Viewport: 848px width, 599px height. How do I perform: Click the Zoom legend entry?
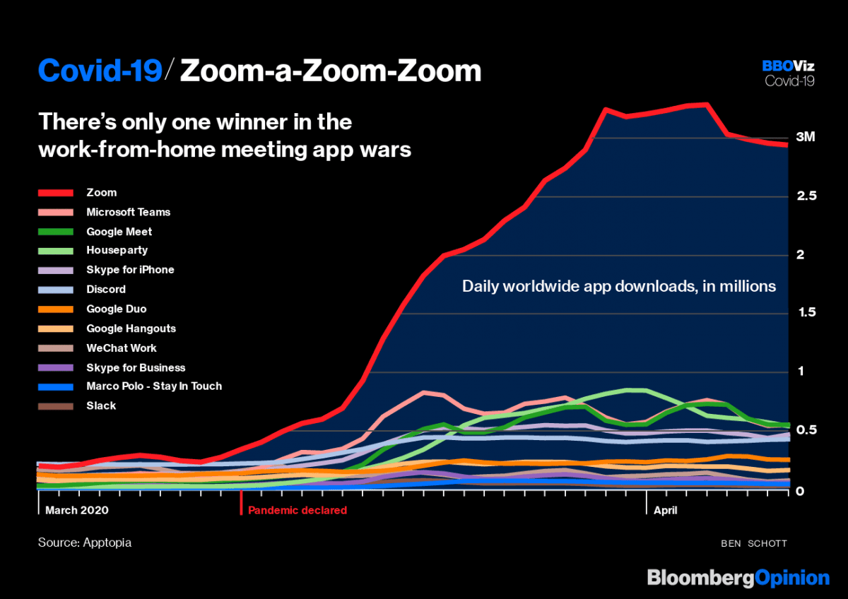pyautogui.click(x=101, y=192)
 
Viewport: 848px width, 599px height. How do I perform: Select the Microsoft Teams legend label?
pyautogui.click(x=128, y=212)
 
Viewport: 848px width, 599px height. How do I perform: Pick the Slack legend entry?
pyautogui.click(x=101, y=405)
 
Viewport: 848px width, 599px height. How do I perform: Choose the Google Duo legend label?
pyautogui.click(x=116, y=309)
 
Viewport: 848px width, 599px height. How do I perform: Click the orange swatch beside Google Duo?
pyautogui.click(x=56, y=309)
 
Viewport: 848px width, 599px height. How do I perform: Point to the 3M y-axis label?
pyautogui.click(x=806, y=137)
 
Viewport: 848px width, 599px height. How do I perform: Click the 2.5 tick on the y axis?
pyautogui.click(x=806, y=196)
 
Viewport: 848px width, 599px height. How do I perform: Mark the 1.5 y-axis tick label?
pyautogui.click(x=806, y=313)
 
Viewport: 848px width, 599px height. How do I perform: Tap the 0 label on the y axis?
pyautogui.click(x=799, y=490)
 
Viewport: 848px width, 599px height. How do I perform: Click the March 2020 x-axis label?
pyautogui.click(x=77, y=509)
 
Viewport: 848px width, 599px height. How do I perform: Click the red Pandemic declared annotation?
pyautogui.click(x=297, y=509)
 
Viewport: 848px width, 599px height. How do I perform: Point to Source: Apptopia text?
pyautogui.click(x=85, y=542)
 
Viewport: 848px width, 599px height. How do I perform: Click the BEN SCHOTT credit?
pyautogui.click(x=753, y=543)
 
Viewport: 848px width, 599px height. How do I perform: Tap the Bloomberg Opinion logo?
pyautogui.click(x=738, y=577)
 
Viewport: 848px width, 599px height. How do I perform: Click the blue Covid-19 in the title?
pyautogui.click(x=100, y=71)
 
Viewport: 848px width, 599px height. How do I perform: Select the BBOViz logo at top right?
pyautogui.click(x=788, y=66)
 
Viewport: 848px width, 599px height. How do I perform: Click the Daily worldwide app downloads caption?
pyautogui.click(x=619, y=287)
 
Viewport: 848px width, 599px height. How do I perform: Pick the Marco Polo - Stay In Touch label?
pyautogui.click(x=154, y=386)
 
